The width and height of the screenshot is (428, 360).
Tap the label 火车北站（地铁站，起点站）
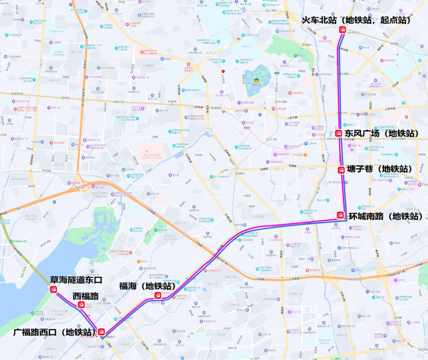356,20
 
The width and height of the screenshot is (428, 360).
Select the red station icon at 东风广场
338,133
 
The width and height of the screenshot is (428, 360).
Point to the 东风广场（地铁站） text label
382,133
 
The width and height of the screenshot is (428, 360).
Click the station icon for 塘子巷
341,170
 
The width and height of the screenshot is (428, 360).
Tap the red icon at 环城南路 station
340,215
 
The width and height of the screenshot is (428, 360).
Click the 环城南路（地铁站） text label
388,217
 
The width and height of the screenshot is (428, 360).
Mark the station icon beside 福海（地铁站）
158,295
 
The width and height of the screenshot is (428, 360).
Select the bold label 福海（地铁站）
147,286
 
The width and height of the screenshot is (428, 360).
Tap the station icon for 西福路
81,305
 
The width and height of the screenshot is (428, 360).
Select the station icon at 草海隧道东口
53,290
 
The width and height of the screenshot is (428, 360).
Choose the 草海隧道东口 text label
76,280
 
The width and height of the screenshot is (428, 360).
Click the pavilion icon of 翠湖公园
256,81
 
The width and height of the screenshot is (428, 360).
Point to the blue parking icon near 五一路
260,114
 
